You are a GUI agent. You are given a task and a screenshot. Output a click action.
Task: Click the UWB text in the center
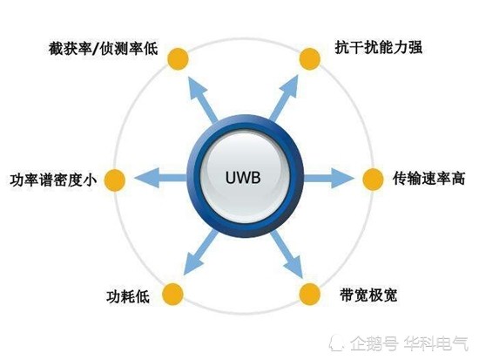click(x=243, y=178)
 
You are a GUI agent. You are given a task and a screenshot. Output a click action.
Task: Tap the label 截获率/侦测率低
click(x=103, y=49)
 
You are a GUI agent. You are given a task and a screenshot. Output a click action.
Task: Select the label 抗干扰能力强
click(x=379, y=47)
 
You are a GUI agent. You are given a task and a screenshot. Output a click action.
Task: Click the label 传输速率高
click(x=428, y=179)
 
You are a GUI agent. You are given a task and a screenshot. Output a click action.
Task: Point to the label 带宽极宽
click(x=368, y=295)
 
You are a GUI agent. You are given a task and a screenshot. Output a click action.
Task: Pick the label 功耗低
click(x=128, y=296)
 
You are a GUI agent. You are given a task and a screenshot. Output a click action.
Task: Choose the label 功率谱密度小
click(x=53, y=180)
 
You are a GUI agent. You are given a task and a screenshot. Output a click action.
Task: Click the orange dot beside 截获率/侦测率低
click(x=178, y=58)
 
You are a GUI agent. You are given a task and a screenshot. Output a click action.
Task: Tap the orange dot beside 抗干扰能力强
click(x=310, y=58)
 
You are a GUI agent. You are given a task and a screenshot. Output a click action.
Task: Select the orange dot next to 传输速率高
click(x=373, y=180)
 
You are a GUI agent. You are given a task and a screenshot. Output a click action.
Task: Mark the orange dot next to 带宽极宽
click(x=310, y=294)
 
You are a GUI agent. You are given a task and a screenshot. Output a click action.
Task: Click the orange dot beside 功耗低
click(x=172, y=294)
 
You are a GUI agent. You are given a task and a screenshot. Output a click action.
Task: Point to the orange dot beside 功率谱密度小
click(x=115, y=180)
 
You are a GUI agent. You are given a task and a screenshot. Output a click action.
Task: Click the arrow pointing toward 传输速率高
click(x=329, y=178)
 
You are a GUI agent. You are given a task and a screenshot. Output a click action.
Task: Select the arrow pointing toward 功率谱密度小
click(x=160, y=178)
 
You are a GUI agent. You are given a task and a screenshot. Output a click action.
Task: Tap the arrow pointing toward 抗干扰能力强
click(x=283, y=98)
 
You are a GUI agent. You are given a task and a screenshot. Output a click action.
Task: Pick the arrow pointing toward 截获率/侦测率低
click(x=202, y=99)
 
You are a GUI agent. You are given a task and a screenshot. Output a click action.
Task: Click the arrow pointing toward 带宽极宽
click(x=287, y=255)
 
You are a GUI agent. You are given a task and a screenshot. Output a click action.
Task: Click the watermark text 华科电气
click(x=436, y=343)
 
